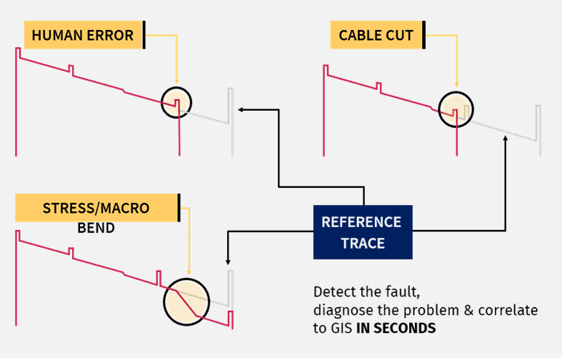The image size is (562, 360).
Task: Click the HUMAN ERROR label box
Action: tap(84, 35)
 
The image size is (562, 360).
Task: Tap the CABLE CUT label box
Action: tap(376, 35)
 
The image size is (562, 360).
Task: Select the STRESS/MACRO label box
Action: tap(96, 208)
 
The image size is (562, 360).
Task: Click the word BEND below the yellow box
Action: tap(96, 228)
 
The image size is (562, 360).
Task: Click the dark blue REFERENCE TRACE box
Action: tap(363, 232)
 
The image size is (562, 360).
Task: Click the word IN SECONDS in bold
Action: tap(396, 328)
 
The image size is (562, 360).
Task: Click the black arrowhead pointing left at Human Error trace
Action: tap(241, 109)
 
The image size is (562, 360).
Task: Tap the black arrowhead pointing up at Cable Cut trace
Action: tap(506, 138)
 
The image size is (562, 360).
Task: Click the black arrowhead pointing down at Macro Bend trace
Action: tap(228, 262)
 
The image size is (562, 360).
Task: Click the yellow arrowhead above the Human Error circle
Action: tap(176, 81)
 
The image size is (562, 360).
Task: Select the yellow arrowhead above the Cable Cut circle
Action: tap(456, 85)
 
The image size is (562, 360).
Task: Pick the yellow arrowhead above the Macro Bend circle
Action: tap(189, 273)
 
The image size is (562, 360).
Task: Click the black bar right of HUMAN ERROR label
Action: tap(144, 35)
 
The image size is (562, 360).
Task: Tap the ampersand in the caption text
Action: tap(469, 310)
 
